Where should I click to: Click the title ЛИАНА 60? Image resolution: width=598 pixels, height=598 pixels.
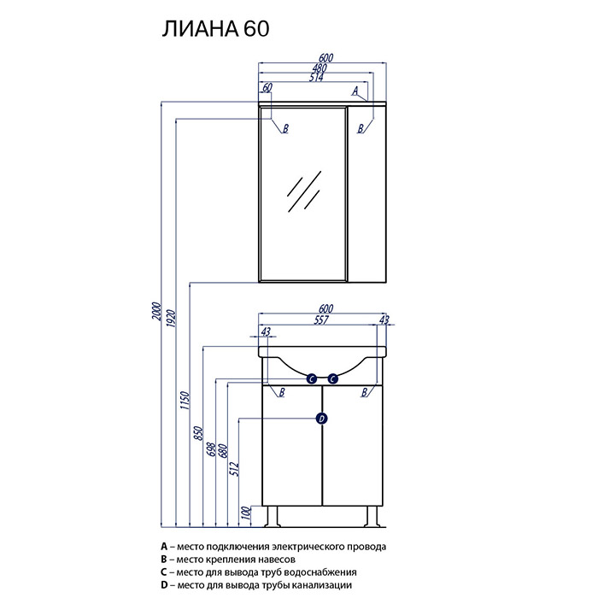[x=216, y=29]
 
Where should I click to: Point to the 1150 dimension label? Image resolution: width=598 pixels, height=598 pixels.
[x=185, y=400]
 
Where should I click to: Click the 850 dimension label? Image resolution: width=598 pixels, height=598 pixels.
[x=199, y=434]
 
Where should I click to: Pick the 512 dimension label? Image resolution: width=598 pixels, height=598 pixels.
[x=234, y=469]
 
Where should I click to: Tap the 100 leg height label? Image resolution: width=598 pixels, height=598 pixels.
[x=247, y=513]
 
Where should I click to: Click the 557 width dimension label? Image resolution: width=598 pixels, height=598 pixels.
[x=321, y=320]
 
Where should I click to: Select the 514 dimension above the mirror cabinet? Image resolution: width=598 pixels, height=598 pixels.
[x=317, y=78]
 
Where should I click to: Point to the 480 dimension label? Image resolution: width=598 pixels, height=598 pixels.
[x=320, y=67]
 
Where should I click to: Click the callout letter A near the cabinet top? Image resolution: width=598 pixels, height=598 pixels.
[x=355, y=91]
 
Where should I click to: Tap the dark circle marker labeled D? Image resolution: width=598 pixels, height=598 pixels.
[x=322, y=419]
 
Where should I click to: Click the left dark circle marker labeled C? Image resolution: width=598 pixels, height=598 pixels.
[x=312, y=379]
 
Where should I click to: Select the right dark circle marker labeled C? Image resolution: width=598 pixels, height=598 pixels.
[x=333, y=379]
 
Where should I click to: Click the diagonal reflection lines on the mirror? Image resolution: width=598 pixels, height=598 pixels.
[x=304, y=191]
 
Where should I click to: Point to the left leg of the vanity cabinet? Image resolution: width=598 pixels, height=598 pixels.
[x=272, y=516]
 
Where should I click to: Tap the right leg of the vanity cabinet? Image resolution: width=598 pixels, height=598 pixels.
[x=372, y=516]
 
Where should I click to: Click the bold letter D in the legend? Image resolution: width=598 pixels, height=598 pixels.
[x=164, y=585]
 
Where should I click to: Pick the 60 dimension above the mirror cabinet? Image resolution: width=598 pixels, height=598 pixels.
[x=267, y=87]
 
